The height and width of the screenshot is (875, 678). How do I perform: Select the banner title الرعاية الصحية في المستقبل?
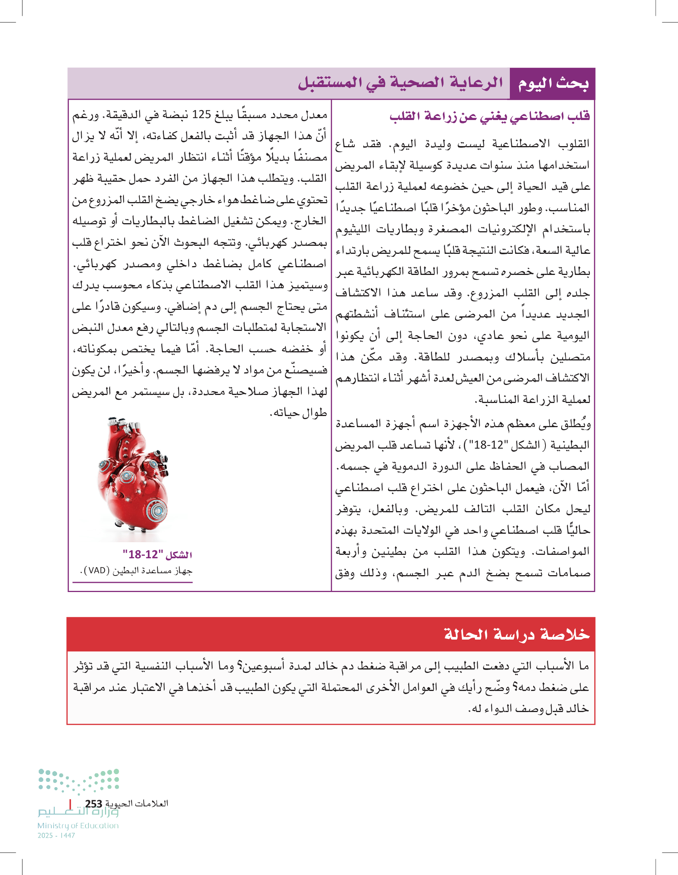coord(400,82)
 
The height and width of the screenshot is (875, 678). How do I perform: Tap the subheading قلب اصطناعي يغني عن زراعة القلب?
coord(490,116)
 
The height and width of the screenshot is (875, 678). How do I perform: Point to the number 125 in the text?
coord(201,115)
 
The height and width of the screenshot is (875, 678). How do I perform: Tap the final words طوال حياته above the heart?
coord(298,413)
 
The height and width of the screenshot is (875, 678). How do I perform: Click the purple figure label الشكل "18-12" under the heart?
coord(157,554)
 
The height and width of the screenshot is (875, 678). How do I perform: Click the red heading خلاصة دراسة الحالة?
coord(516,635)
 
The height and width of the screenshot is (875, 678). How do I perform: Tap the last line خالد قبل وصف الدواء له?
coord(528,709)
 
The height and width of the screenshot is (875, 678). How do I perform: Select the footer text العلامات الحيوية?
coord(136,804)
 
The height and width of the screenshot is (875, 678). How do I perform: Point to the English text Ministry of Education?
coord(78,826)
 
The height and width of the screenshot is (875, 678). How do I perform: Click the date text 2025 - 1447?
coord(56,836)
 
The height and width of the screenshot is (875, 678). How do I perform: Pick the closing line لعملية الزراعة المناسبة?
coord(532,400)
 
